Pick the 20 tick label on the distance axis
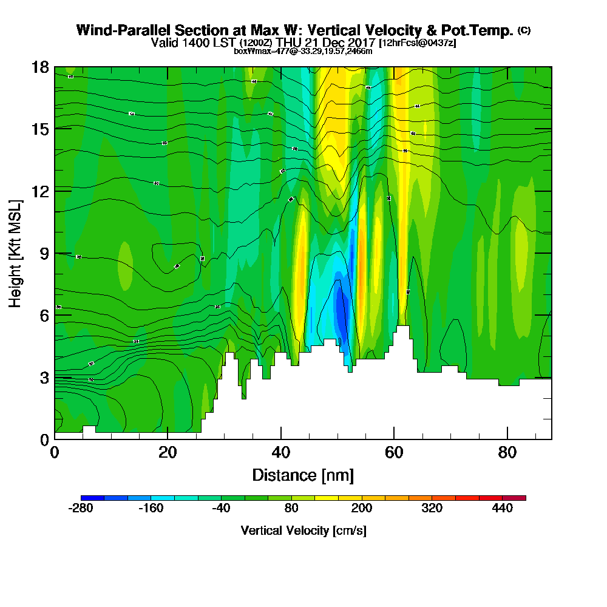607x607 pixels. click(x=168, y=452)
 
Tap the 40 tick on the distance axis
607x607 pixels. click(x=280, y=452)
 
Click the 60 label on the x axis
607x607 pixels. click(x=394, y=452)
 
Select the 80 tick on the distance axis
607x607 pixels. click(x=507, y=452)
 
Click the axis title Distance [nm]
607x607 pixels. click(x=303, y=475)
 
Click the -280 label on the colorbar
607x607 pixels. click(x=81, y=509)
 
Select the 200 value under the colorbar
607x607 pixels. click(x=362, y=509)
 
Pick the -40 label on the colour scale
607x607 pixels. click(x=222, y=509)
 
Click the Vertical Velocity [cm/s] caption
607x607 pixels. click(x=303, y=531)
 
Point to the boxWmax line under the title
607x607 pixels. click(x=303, y=51)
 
